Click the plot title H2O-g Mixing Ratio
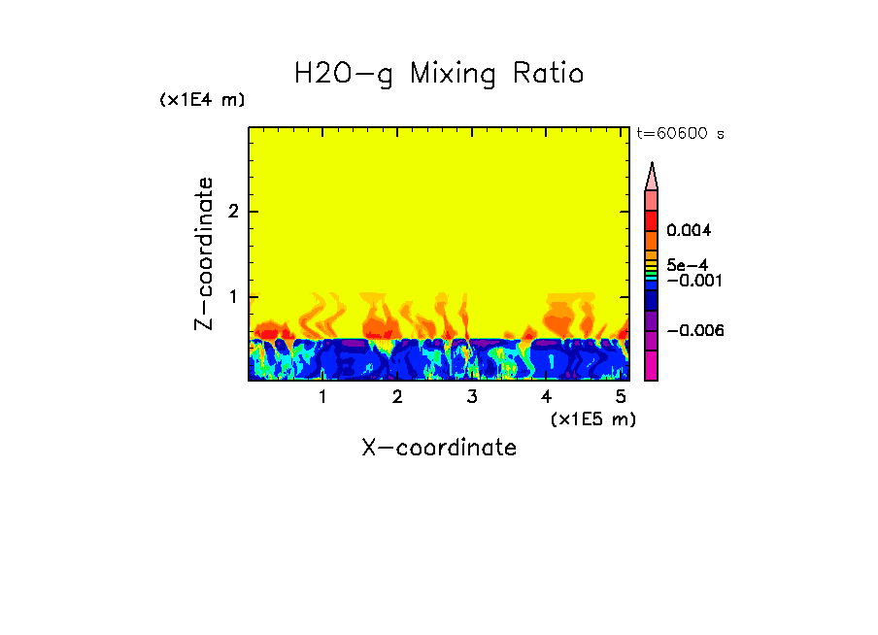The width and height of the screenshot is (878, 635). pyautogui.click(x=439, y=74)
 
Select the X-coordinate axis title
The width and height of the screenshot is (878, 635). pyautogui.click(x=439, y=448)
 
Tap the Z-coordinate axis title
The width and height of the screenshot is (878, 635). pyautogui.click(x=204, y=253)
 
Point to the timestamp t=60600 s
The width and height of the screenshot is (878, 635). pyautogui.click(x=680, y=134)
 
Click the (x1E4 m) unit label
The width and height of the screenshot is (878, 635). pyautogui.click(x=203, y=100)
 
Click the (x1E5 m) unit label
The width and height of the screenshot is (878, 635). pyautogui.click(x=593, y=418)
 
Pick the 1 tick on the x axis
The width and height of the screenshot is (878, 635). pyautogui.click(x=322, y=397)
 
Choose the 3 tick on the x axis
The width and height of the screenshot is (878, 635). pyautogui.click(x=472, y=397)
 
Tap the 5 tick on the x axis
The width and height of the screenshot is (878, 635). pyautogui.click(x=621, y=397)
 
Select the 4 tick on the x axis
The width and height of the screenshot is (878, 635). pyautogui.click(x=546, y=397)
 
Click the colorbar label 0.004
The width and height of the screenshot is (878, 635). pyautogui.click(x=690, y=231)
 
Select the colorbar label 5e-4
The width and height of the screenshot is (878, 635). pyautogui.click(x=687, y=265)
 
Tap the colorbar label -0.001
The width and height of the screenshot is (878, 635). pyautogui.click(x=692, y=281)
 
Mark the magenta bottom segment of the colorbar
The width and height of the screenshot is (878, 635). pyautogui.click(x=652, y=366)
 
